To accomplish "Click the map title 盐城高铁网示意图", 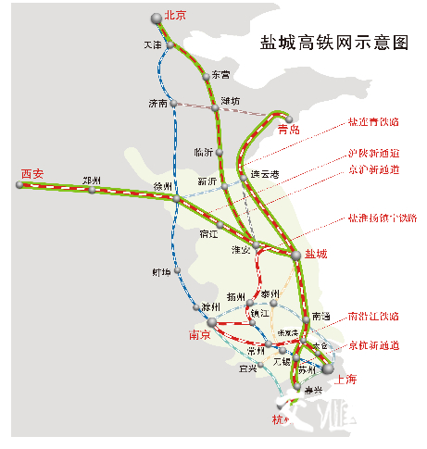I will coord(334,43).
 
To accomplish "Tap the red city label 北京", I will coord(175,16).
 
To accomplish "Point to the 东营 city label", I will coord(220,74).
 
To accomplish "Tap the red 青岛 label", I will coord(289,130).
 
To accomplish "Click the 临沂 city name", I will coord(204,151).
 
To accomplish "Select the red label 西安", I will coord(32,173).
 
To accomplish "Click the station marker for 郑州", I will coord(92,190).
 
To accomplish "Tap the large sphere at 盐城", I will coord(295,253).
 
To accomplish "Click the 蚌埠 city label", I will coord(161,272).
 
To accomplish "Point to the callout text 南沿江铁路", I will coord(372,316).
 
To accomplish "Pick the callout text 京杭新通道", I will coord(372,344).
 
